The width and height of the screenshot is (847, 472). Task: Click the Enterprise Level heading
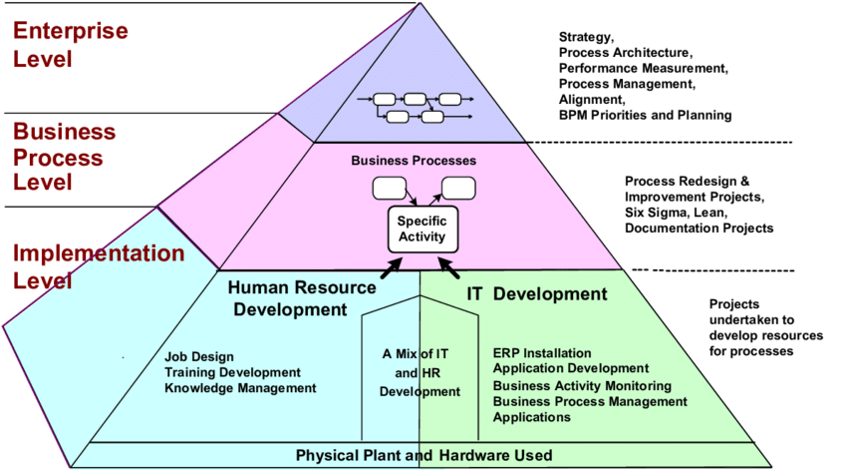[x=70, y=44]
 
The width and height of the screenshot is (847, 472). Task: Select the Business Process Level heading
[x=64, y=157]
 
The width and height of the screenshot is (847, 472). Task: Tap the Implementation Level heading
[x=98, y=266]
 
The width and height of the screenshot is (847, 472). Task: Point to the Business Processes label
[x=414, y=160]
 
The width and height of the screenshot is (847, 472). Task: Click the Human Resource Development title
[x=302, y=298]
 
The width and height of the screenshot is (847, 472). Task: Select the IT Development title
[x=536, y=293]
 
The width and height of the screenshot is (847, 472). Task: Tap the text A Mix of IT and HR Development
[x=420, y=372]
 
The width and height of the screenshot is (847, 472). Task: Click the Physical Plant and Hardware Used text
[x=423, y=456]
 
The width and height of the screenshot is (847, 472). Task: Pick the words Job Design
[x=199, y=356]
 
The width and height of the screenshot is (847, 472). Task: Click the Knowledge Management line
[x=240, y=387]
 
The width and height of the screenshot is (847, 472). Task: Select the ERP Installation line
[x=542, y=353]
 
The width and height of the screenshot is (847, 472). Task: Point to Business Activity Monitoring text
[x=582, y=385]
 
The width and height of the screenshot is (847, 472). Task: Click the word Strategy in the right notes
[x=586, y=38]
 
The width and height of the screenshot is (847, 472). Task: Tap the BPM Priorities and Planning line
[x=645, y=115]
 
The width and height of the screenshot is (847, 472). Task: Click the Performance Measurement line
[x=643, y=68]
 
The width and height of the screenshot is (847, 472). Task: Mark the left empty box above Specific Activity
[x=388, y=187]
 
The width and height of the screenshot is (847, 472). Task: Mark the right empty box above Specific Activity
[x=458, y=187]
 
